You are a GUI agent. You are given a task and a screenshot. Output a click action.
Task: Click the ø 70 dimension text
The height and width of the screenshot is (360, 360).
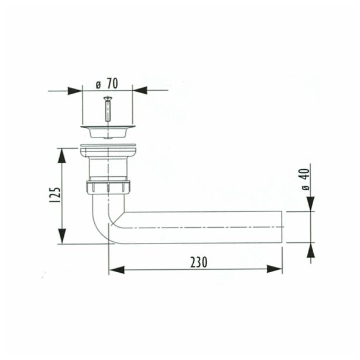pyautogui.click(x=108, y=83)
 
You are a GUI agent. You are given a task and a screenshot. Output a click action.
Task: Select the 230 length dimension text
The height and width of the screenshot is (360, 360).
pyautogui.click(x=199, y=262)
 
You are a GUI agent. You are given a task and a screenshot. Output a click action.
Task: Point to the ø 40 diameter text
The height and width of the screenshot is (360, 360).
pyautogui.click(x=304, y=180)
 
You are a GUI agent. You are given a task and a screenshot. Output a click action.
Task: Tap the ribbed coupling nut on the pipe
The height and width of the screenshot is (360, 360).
pyautogui.click(x=108, y=187)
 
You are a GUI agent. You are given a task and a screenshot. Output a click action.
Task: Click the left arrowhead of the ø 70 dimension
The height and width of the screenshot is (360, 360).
pyautogui.click(x=75, y=91)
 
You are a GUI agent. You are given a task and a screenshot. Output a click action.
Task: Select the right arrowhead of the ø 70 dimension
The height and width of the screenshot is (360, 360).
pyautogui.click(x=140, y=91)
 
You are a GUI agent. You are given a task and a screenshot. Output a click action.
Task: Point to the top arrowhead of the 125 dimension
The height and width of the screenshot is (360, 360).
pyautogui.click(x=62, y=156)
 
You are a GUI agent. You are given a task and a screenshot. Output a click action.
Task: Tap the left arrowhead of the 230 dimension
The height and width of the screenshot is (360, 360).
pyautogui.click(x=117, y=269)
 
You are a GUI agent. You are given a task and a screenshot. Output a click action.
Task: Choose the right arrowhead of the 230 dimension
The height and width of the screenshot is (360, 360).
pyautogui.click(x=274, y=269)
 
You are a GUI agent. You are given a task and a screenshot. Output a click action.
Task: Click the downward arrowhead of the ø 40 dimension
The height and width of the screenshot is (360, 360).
pyautogui.click(x=310, y=204)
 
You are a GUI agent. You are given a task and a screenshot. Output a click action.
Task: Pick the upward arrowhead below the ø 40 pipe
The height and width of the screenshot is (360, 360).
pyautogui.click(x=310, y=250)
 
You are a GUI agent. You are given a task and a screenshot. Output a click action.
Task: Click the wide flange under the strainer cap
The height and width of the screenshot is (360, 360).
pyautogui.click(x=108, y=151)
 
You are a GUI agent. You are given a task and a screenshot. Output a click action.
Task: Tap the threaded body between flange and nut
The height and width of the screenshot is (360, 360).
pyautogui.click(x=108, y=170)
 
